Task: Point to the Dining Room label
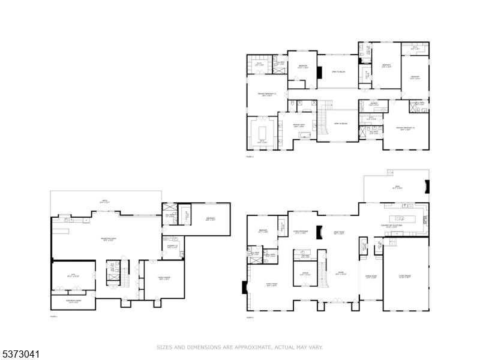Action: click(x=371, y=277)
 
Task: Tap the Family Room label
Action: click(x=271, y=285)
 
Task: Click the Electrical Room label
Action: click(x=73, y=302)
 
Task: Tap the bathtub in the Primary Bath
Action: click(x=305, y=136)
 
